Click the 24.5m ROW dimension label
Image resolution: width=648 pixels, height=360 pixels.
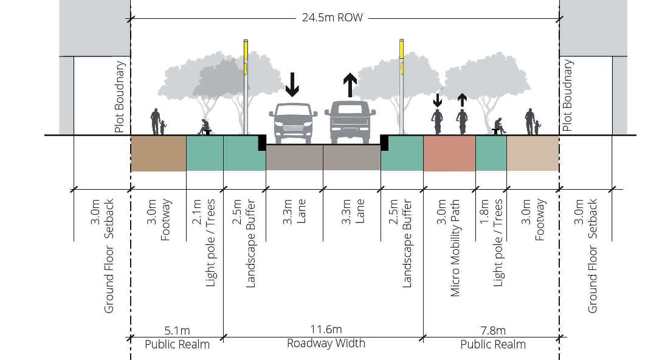pyautogui.click(x=332, y=18)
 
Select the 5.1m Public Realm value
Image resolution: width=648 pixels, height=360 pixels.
pyautogui.click(x=177, y=331)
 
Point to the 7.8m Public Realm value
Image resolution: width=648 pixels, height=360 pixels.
pyautogui.click(x=492, y=331)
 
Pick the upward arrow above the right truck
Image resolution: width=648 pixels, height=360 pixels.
pyautogui.click(x=350, y=85)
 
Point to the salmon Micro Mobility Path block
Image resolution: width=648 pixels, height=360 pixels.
pyautogui.click(x=449, y=153)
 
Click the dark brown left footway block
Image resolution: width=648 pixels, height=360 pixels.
pyautogui.click(x=158, y=153)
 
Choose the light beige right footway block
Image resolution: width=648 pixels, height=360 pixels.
pyautogui.click(x=533, y=153)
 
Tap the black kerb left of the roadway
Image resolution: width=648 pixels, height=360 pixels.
pyautogui.click(x=262, y=143)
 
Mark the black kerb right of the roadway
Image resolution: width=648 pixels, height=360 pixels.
pyautogui.click(x=384, y=143)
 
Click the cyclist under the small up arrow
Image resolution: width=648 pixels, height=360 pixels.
pyautogui.click(x=462, y=122)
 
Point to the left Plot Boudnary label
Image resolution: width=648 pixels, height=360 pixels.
pyautogui.click(x=120, y=97)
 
